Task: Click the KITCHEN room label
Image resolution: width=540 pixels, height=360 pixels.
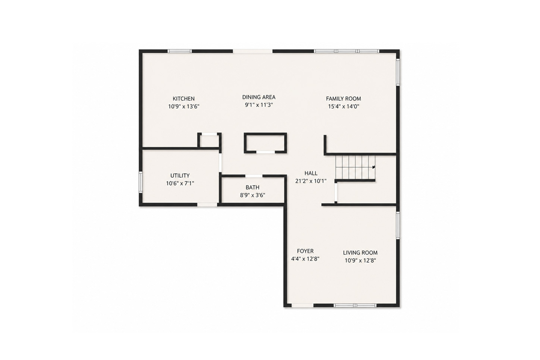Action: pos(184,99)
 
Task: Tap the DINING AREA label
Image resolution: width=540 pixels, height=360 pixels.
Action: pos(259,97)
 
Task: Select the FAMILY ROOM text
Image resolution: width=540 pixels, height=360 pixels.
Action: pos(344,99)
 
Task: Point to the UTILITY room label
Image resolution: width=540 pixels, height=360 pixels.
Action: pos(180,176)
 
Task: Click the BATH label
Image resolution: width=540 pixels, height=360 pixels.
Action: pos(253,187)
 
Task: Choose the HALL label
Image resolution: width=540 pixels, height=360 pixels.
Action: pos(311,173)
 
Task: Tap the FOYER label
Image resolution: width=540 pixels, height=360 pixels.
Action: pos(305,251)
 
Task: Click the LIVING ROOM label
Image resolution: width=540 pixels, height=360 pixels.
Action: pos(360,253)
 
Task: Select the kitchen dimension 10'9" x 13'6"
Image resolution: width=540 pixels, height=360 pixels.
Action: pos(184,106)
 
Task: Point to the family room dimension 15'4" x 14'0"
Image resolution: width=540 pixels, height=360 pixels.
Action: pos(344,106)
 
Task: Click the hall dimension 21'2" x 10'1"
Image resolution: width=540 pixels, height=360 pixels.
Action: pos(311,181)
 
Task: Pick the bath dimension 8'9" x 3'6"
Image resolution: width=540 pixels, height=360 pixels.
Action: pos(253,195)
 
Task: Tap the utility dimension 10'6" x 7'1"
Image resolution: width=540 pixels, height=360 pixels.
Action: pos(180,183)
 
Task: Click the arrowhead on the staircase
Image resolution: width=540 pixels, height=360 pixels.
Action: pos(374,167)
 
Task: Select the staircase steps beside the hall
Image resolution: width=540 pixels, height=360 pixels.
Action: pos(355,167)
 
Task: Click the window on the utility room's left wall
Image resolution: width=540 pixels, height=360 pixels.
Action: pos(141,182)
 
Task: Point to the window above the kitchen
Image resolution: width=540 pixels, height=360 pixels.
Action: pos(180,51)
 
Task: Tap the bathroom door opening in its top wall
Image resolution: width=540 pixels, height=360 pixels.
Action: pos(254,176)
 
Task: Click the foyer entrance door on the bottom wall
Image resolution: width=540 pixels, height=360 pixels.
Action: pos(302,305)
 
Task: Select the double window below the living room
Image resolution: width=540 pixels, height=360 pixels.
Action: pos(355,305)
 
